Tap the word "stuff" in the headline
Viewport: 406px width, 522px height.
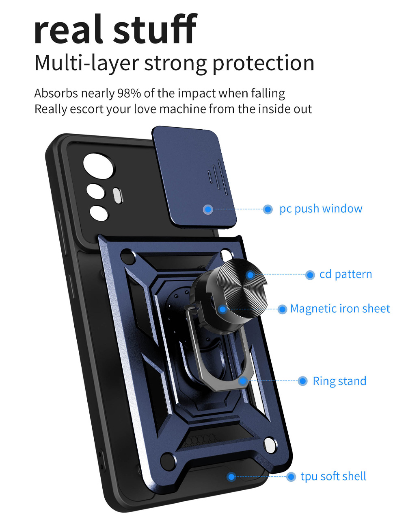[155, 28]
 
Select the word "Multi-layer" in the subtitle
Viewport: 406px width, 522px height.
[86, 63]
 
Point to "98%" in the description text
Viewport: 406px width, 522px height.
[129, 94]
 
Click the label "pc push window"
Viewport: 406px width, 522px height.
[321, 209]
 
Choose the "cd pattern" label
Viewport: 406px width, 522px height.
[346, 274]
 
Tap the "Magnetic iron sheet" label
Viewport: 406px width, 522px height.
[340, 309]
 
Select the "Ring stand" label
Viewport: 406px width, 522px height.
[339, 381]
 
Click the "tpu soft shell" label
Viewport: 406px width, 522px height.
[333, 476]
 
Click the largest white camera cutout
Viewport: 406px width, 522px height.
[99, 166]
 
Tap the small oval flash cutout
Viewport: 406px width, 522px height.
[117, 196]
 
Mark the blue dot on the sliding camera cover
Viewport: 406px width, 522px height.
[208, 209]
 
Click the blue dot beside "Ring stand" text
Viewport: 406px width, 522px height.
[302, 381]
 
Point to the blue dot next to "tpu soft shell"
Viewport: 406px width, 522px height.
[291, 476]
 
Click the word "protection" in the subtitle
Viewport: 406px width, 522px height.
[263, 64]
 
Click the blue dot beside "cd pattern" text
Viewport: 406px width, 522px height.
[310, 275]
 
